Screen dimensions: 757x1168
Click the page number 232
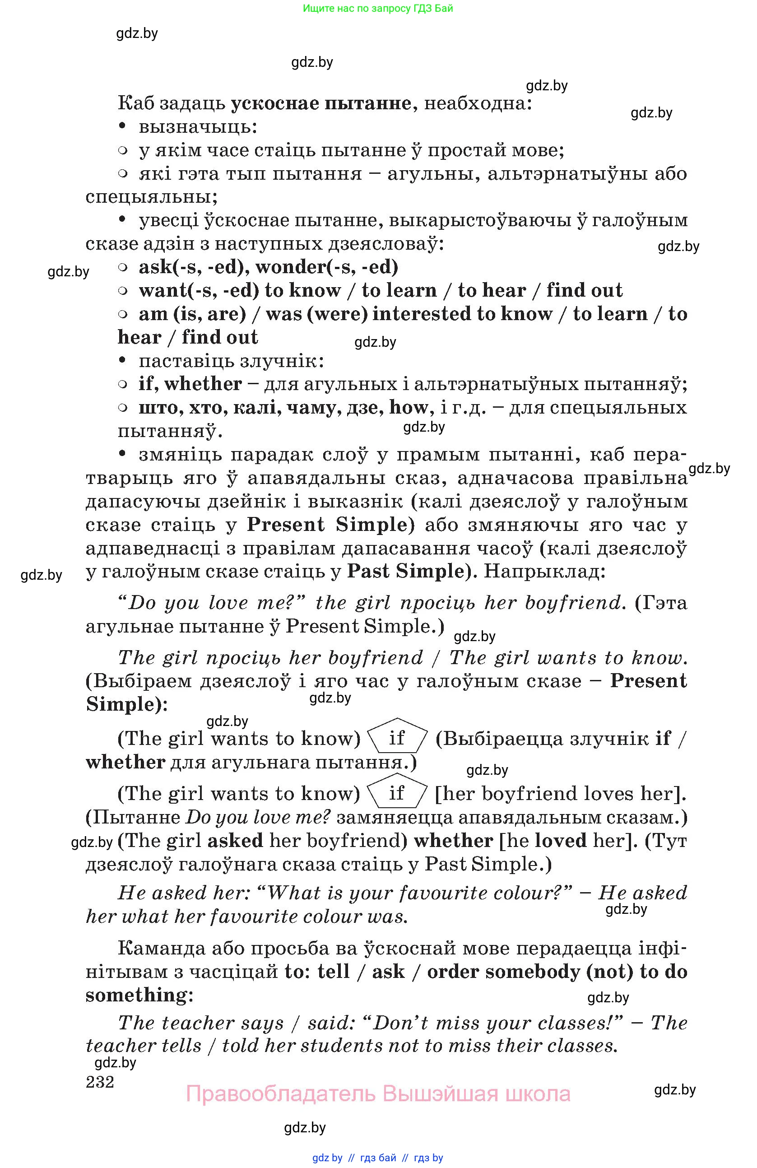tap(100, 1081)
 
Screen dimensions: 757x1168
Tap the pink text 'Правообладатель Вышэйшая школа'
tap(378, 1094)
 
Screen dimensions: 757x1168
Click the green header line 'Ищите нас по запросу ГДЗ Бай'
tap(378, 8)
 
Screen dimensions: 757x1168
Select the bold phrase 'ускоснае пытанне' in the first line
tap(321, 103)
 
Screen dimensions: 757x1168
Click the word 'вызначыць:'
tap(198, 126)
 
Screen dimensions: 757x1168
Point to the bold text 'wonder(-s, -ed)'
tap(327, 266)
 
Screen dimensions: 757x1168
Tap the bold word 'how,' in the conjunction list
tap(409, 407)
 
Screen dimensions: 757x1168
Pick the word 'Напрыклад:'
tap(544, 571)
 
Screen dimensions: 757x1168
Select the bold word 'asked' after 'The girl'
tap(235, 841)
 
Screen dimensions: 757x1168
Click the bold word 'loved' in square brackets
tap(560, 841)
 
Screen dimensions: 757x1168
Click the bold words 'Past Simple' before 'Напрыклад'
tap(406, 571)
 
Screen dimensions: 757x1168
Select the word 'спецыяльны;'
tap(152, 197)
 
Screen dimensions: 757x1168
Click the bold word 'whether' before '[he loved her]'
tap(453, 841)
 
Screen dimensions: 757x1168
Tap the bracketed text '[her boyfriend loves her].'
tap(561, 794)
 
